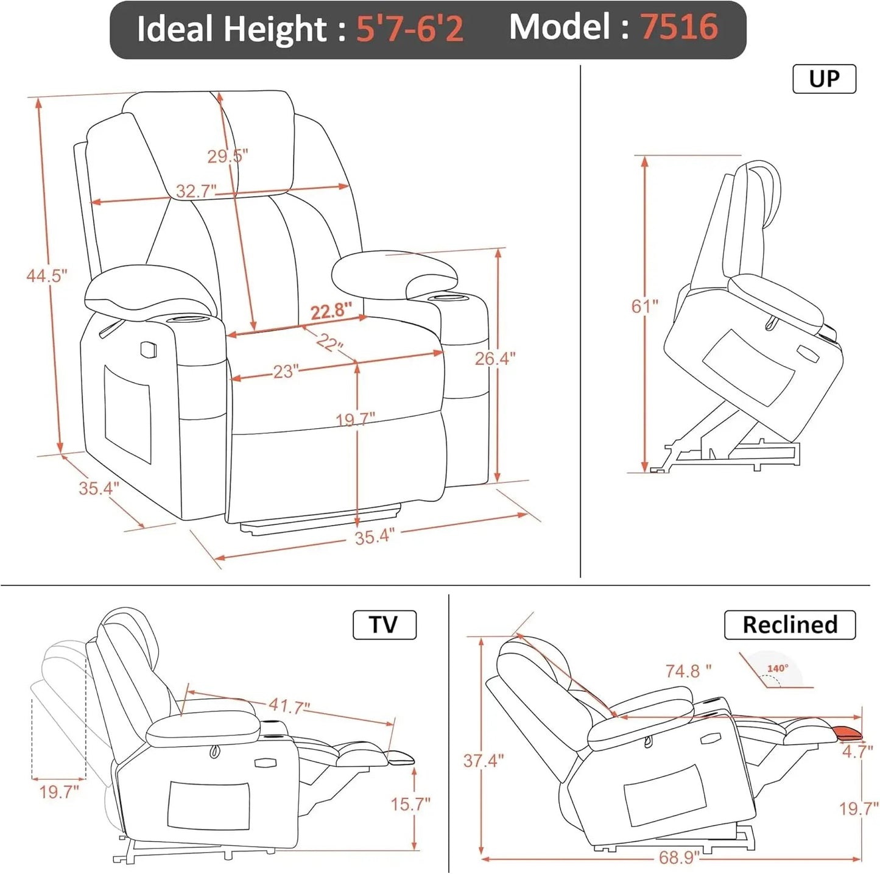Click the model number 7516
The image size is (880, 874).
[678, 27]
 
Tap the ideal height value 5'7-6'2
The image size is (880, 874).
[409, 29]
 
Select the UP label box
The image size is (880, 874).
[824, 79]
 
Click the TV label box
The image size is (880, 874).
[384, 625]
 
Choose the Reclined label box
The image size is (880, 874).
[789, 625]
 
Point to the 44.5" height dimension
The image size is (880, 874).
[46, 276]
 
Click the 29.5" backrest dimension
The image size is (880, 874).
[227, 156]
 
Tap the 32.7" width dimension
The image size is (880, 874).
[196, 191]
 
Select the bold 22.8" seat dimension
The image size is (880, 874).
[331, 311]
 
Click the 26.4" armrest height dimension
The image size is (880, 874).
[495, 359]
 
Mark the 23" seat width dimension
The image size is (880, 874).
[285, 372]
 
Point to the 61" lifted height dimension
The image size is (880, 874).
[644, 306]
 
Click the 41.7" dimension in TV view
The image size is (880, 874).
[289, 707]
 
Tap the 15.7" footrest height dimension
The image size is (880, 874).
[410, 804]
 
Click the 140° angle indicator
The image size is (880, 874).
[778, 669]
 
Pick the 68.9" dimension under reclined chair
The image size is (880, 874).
[678, 858]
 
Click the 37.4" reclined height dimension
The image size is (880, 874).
[483, 761]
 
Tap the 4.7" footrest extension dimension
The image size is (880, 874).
[857, 752]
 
